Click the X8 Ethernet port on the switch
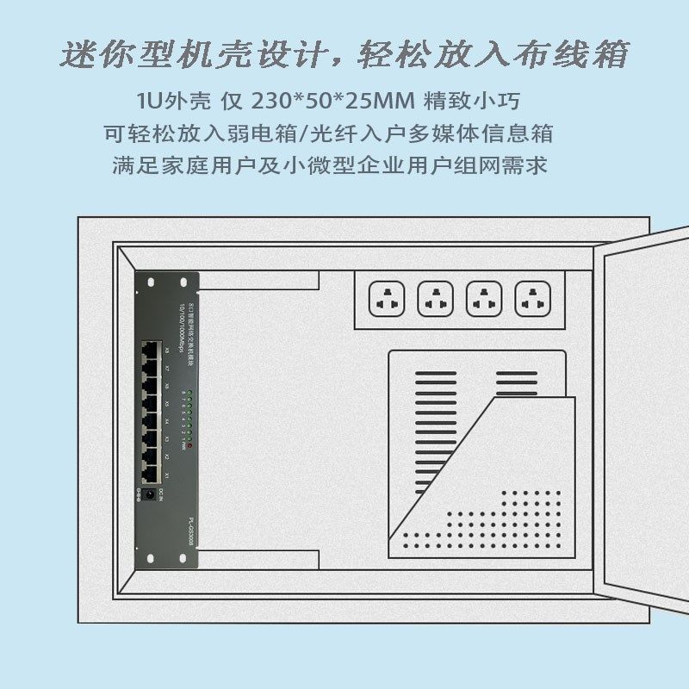[152, 350]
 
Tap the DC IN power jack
[152, 496]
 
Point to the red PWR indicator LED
[189, 446]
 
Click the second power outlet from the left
[435, 301]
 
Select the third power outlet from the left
[484, 301]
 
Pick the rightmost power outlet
[532, 301]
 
